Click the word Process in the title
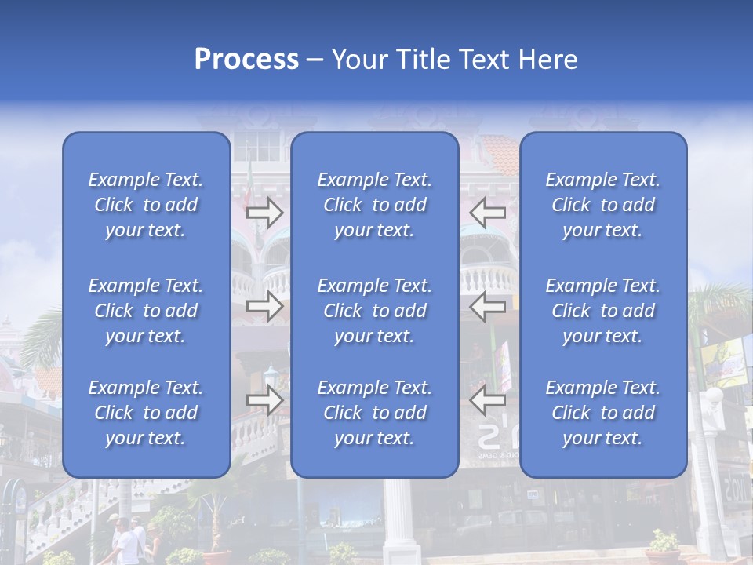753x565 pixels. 246,60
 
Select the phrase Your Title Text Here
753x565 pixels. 455,60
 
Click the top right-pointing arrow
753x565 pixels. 265,212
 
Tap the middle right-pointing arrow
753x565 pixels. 265,307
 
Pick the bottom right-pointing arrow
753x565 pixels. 265,401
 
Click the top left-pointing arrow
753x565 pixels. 488,212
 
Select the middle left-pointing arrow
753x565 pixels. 488,307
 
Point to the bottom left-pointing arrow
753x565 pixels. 488,401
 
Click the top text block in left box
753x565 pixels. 146,205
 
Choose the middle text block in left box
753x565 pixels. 146,311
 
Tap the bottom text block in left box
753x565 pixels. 146,413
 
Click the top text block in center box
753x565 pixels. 374,205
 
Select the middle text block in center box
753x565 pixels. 374,311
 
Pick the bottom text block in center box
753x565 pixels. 374,413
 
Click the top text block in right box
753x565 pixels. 602,205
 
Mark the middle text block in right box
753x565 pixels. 602,311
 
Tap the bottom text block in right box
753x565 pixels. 602,413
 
